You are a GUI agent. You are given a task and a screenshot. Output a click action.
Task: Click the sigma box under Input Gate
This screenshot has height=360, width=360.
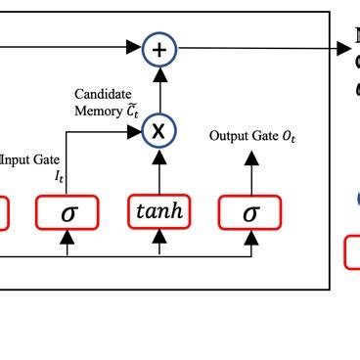coord(67,210)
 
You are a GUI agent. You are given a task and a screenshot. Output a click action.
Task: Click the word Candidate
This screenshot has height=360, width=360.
coord(102,95)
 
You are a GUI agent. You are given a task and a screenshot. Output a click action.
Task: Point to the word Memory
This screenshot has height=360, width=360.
coord(94,111)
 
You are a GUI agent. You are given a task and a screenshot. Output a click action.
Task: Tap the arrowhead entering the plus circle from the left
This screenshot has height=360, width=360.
coord(136,46)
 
